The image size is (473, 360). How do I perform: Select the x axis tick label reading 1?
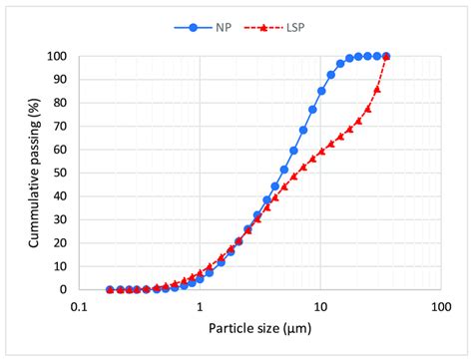click(x=200, y=306)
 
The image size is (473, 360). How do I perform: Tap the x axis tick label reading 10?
click(x=319, y=306)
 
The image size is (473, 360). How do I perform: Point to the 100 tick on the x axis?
click(x=440, y=306)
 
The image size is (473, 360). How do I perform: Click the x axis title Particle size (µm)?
click(x=259, y=328)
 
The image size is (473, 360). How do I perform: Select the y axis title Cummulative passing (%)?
click(x=34, y=173)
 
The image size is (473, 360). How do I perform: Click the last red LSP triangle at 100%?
click(x=386, y=57)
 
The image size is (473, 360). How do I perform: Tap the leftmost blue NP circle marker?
click(x=110, y=289)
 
